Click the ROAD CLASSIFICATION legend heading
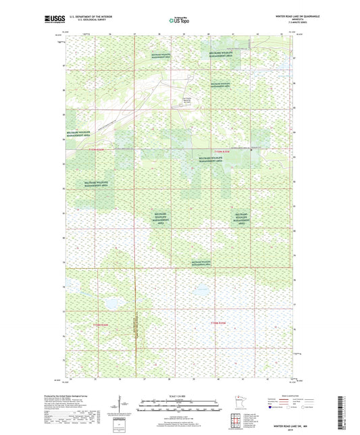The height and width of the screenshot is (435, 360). pyautogui.click(x=285, y=396)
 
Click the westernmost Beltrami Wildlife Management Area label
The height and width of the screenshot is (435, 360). pyautogui.click(x=80, y=134)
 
